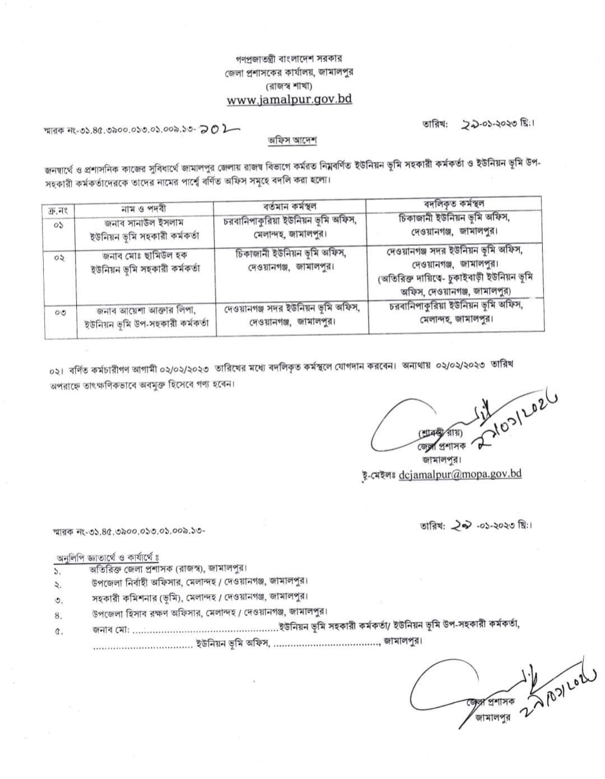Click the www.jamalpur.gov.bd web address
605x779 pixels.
[x=289, y=100]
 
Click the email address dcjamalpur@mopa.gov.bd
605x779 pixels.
[x=460, y=473]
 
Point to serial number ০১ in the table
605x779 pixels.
[x=59, y=225]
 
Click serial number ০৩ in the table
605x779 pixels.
[x=60, y=312]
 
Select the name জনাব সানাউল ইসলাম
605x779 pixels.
[x=144, y=222]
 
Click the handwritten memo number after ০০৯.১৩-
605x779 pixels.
[x=217, y=129]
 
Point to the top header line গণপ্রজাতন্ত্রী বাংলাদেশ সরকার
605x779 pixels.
[x=289, y=58]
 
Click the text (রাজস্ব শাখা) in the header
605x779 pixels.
[x=289, y=86]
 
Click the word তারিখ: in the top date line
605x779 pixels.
[x=434, y=125]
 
